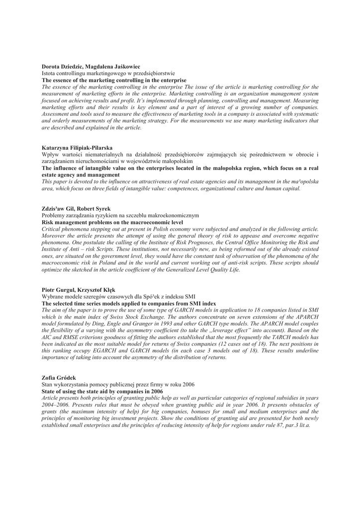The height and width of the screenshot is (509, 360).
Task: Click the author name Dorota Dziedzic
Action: point(62,67)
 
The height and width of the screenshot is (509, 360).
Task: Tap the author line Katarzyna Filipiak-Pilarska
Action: point(77,148)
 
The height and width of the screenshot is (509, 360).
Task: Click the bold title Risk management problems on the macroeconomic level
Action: point(112,222)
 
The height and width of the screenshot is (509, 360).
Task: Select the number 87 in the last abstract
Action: point(272,425)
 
